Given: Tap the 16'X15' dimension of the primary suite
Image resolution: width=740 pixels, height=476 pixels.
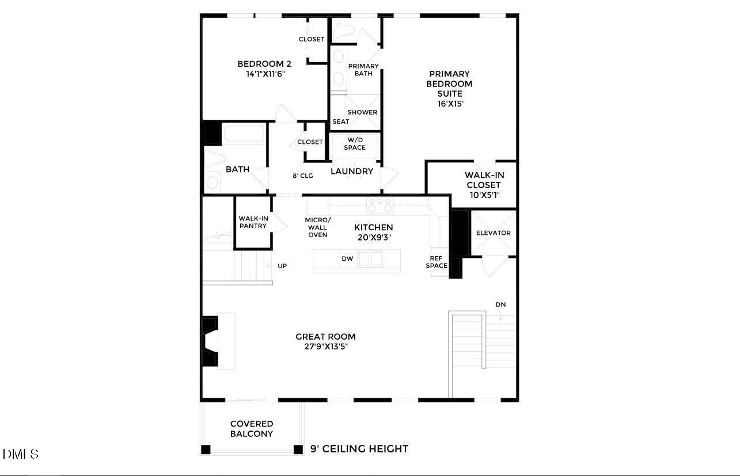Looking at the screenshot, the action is click(450, 104).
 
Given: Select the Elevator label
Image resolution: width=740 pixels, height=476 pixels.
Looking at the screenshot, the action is click(493, 233).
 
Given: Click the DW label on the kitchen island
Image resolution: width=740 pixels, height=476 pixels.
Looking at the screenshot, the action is click(347, 259).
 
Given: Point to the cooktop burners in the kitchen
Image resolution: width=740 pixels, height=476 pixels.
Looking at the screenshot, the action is click(380, 204).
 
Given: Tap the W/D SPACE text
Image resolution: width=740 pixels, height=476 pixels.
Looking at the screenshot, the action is click(355, 143).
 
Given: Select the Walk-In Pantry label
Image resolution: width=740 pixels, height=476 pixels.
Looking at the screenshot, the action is click(253, 222).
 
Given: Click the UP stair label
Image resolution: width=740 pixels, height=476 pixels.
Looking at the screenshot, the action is click(282, 266).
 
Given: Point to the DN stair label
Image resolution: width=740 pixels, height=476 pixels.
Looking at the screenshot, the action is click(500, 304).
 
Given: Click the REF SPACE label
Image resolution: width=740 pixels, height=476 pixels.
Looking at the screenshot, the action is click(437, 262).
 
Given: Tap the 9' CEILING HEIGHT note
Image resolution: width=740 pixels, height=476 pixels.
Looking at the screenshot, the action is click(359, 449).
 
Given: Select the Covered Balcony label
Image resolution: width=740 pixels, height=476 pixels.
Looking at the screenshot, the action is click(252, 429).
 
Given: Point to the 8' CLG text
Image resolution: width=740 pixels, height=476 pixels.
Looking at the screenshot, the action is click(302, 176).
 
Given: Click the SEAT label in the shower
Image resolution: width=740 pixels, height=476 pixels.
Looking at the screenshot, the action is click(340, 122).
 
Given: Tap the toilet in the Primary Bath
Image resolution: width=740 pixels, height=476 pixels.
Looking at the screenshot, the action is click(345, 31).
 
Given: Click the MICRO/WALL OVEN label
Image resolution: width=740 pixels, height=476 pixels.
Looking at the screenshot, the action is click(318, 227).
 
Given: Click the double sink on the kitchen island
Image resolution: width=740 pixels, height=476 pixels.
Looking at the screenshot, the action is click(370, 259).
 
